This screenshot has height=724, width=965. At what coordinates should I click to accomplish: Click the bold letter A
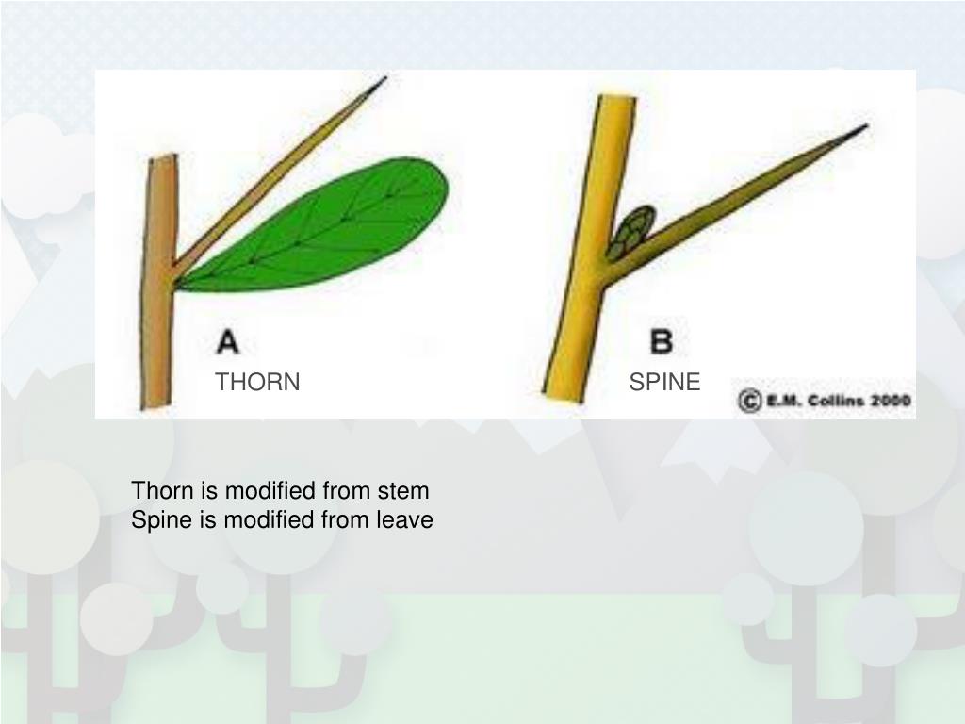(228, 341)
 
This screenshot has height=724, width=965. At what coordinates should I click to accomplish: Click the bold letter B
(662, 341)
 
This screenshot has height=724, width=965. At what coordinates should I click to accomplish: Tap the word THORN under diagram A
(257, 382)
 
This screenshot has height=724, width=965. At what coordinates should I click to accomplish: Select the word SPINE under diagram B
(664, 382)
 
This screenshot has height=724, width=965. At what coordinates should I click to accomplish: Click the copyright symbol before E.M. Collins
(749, 401)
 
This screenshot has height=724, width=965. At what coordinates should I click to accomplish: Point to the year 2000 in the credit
(891, 401)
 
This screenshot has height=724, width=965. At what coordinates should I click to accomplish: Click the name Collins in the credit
(832, 401)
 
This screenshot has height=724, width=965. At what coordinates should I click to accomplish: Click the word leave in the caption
(404, 519)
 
